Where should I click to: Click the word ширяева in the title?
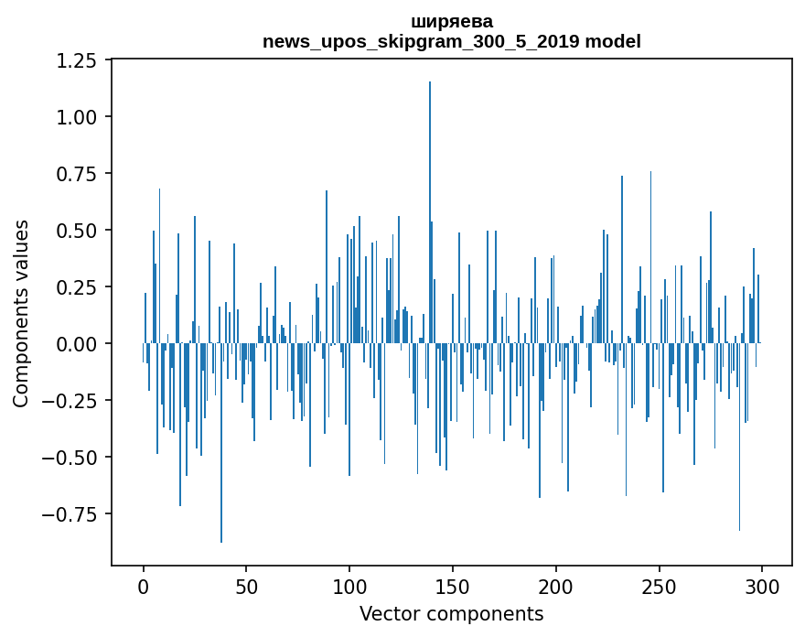click(452, 22)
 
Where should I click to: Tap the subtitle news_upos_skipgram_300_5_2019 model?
click(452, 42)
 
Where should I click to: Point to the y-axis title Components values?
click(21, 313)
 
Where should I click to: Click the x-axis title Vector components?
click(452, 614)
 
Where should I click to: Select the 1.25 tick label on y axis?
click(77, 60)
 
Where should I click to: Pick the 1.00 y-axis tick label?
click(77, 117)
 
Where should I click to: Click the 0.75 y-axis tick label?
click(77, 174)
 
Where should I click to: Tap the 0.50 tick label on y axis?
click(77, 231)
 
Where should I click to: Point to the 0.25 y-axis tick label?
click(77, 287)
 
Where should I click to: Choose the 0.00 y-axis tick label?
click(77, 344)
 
